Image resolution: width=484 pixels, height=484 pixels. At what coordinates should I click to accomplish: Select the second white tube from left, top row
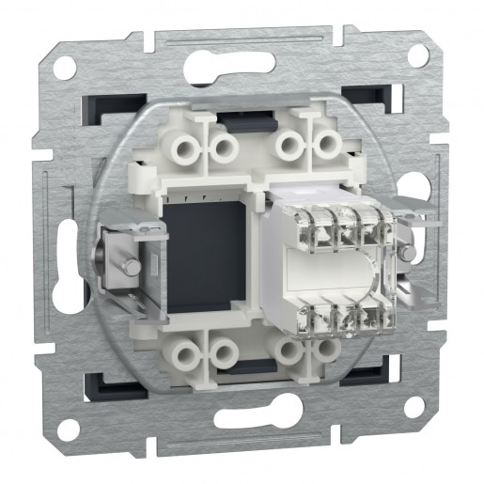click(223, 145)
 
